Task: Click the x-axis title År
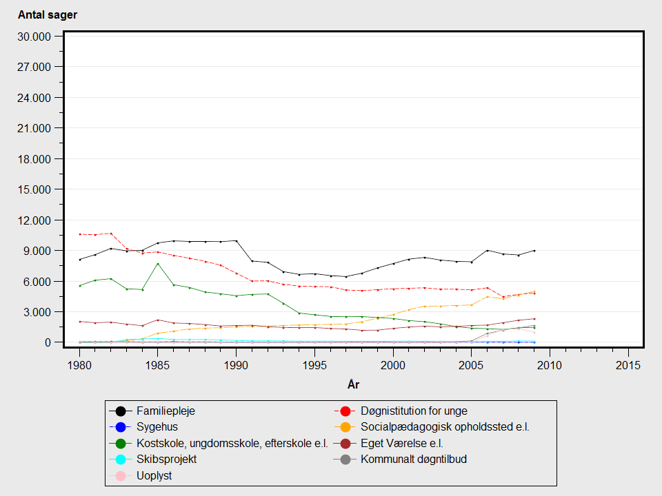coord(353,383)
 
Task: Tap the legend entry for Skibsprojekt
coord(166,459)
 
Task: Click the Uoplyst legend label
coord(154,475)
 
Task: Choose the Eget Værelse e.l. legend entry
coord(402,443)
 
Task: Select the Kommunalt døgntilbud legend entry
coord(414,459)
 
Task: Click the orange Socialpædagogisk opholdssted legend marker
coord(345,427)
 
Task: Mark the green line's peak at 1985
coord(157,264)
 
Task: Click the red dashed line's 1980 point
coord(79,234)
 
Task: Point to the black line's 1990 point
coord(236,241)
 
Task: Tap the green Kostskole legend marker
coord(120,443)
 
